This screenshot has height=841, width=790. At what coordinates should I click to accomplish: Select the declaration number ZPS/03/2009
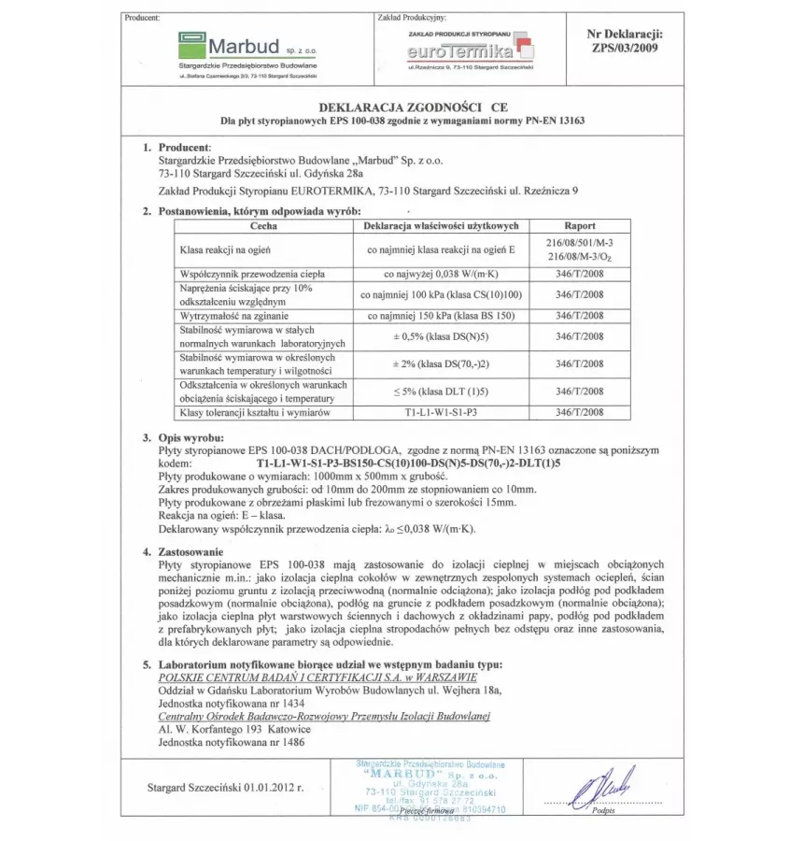pos(625,49)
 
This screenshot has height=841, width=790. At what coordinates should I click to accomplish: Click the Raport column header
pos(580,226)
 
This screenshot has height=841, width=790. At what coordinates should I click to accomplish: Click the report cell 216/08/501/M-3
pos(580,242)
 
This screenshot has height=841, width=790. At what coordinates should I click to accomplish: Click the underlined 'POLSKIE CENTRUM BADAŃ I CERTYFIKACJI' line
pos(317,677)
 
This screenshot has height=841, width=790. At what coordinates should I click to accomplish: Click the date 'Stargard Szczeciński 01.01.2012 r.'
pos(227,788)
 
